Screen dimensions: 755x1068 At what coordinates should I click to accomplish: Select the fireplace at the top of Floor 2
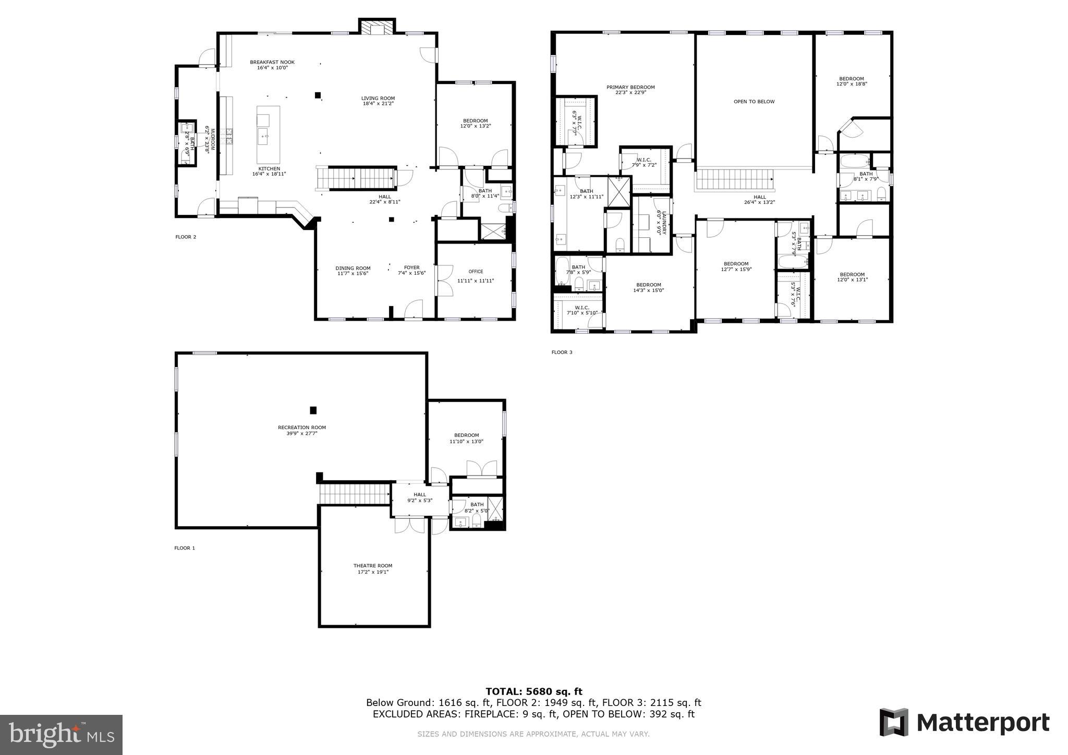[x=377, y=28]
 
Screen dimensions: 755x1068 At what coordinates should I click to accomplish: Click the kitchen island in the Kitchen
[x=268, y=135]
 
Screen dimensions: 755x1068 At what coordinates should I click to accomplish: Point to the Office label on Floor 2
[x=476, y=272]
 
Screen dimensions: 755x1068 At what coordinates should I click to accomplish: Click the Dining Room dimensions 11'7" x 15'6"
[x=353, y=273]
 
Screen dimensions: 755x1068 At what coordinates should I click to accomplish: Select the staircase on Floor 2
[x=356, y=178]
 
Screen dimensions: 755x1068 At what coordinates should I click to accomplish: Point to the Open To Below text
[x=754, y=102]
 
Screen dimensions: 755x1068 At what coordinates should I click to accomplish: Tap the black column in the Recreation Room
[x=313, y=410]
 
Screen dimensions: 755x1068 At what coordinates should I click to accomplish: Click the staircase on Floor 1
[x=355, y=493]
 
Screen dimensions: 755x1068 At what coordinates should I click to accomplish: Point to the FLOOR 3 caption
[x=562, y=352]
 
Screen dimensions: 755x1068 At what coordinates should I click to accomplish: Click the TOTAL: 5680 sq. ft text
[x=533, y=692]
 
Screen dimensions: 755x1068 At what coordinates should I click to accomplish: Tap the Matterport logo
[x=964, y=723]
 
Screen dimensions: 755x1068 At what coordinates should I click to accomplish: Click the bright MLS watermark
[x=61, y=735]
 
